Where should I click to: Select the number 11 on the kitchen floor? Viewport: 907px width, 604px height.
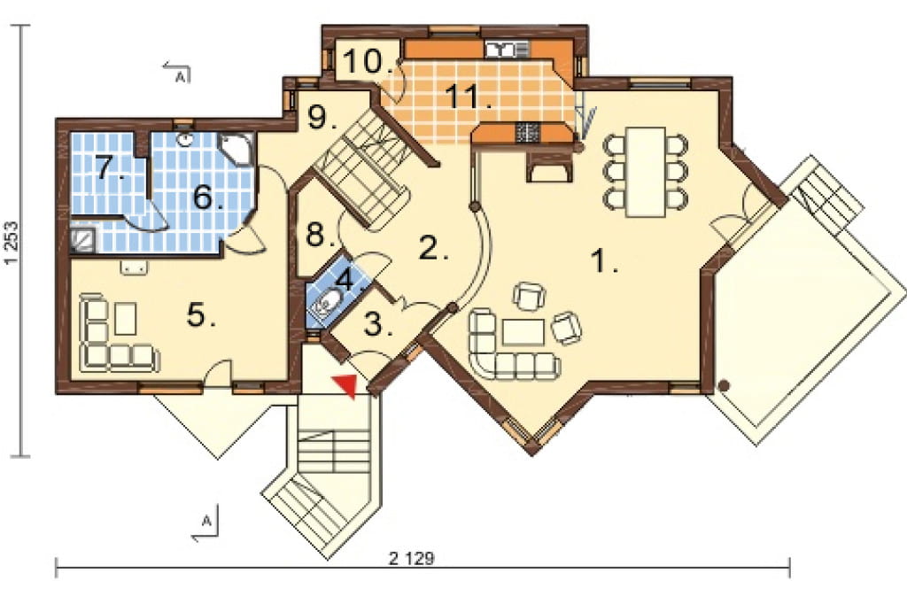469,97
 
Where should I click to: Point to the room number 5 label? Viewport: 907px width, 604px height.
200,314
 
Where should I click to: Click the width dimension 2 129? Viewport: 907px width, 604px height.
411,558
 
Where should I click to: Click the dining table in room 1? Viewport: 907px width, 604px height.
646,171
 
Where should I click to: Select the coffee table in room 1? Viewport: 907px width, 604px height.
523,332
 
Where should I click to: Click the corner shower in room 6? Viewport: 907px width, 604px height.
237,147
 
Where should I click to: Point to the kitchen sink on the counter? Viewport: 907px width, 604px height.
506,50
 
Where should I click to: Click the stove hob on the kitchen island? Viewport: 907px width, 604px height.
528,133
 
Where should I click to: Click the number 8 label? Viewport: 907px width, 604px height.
317,235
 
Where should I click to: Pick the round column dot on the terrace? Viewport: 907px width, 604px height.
724,384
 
